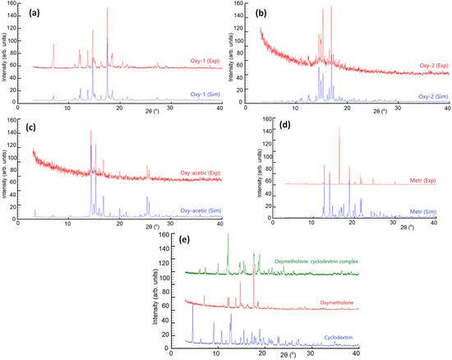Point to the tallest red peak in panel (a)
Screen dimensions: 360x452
coord(107,9)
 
